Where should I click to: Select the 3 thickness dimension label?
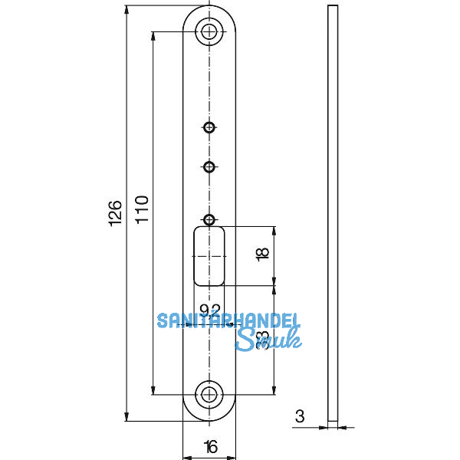click(x=299, y=417)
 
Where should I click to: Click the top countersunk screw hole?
click(x=209, y=31)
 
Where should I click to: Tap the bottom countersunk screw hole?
click(x=209, y=395)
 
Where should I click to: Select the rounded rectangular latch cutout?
click(x=209, y=256)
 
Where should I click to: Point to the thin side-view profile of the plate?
click(x=332, y=214)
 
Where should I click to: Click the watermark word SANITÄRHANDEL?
click(x=228, y=321)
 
